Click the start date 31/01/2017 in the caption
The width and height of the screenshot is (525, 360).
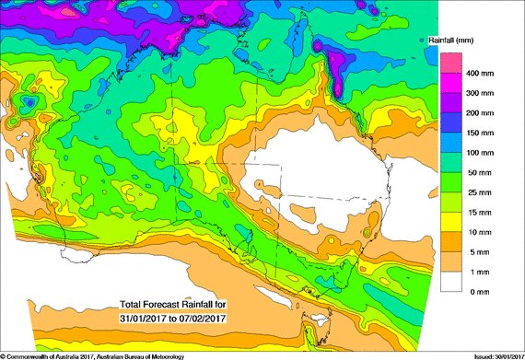click(x=146, y=318)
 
